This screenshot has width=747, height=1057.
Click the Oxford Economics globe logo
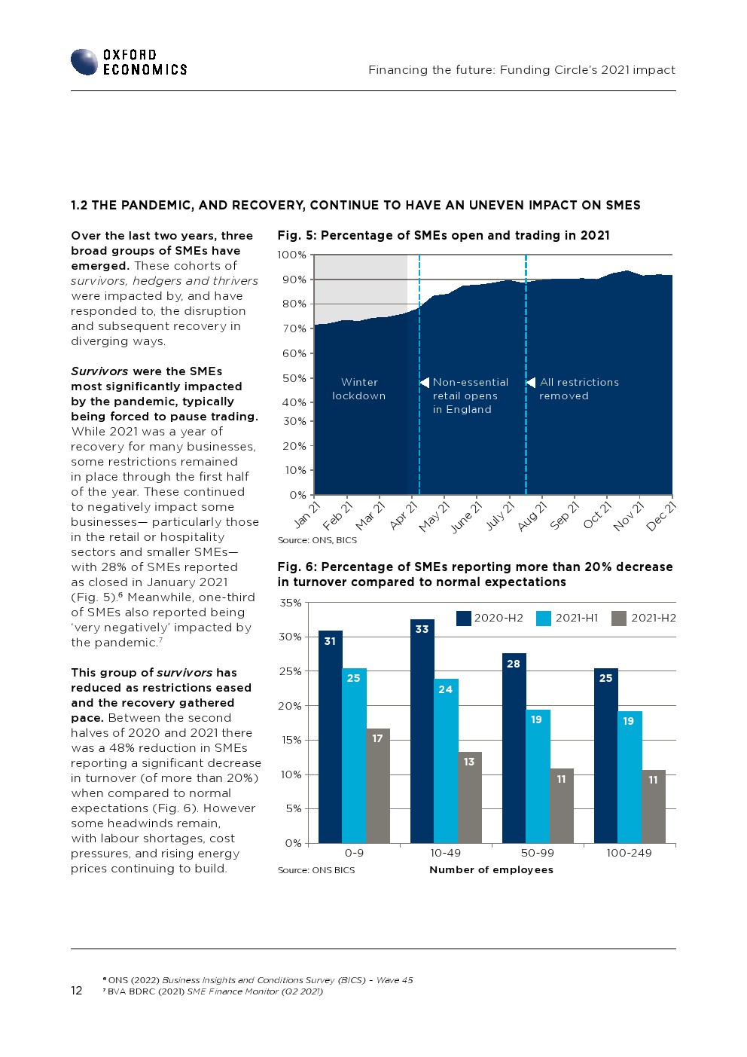click(x=84, y=62)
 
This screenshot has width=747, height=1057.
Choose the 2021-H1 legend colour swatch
click(x=544, y=619)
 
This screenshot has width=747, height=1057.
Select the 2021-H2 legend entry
click(x=643, y=619)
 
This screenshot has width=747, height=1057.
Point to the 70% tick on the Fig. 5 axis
click(x=294, y=328)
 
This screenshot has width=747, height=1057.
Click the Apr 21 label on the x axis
click(x=404, y=516)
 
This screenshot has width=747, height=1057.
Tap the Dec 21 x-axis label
click(x=660, y=517)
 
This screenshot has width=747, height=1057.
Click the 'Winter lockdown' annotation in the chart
click(x=359, y=389)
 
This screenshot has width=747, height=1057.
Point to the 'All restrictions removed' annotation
click(x=579, y=389)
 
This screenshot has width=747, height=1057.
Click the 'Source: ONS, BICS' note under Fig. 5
click(x=317, y=540)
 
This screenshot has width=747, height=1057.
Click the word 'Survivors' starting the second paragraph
click(x=99, y=371)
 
